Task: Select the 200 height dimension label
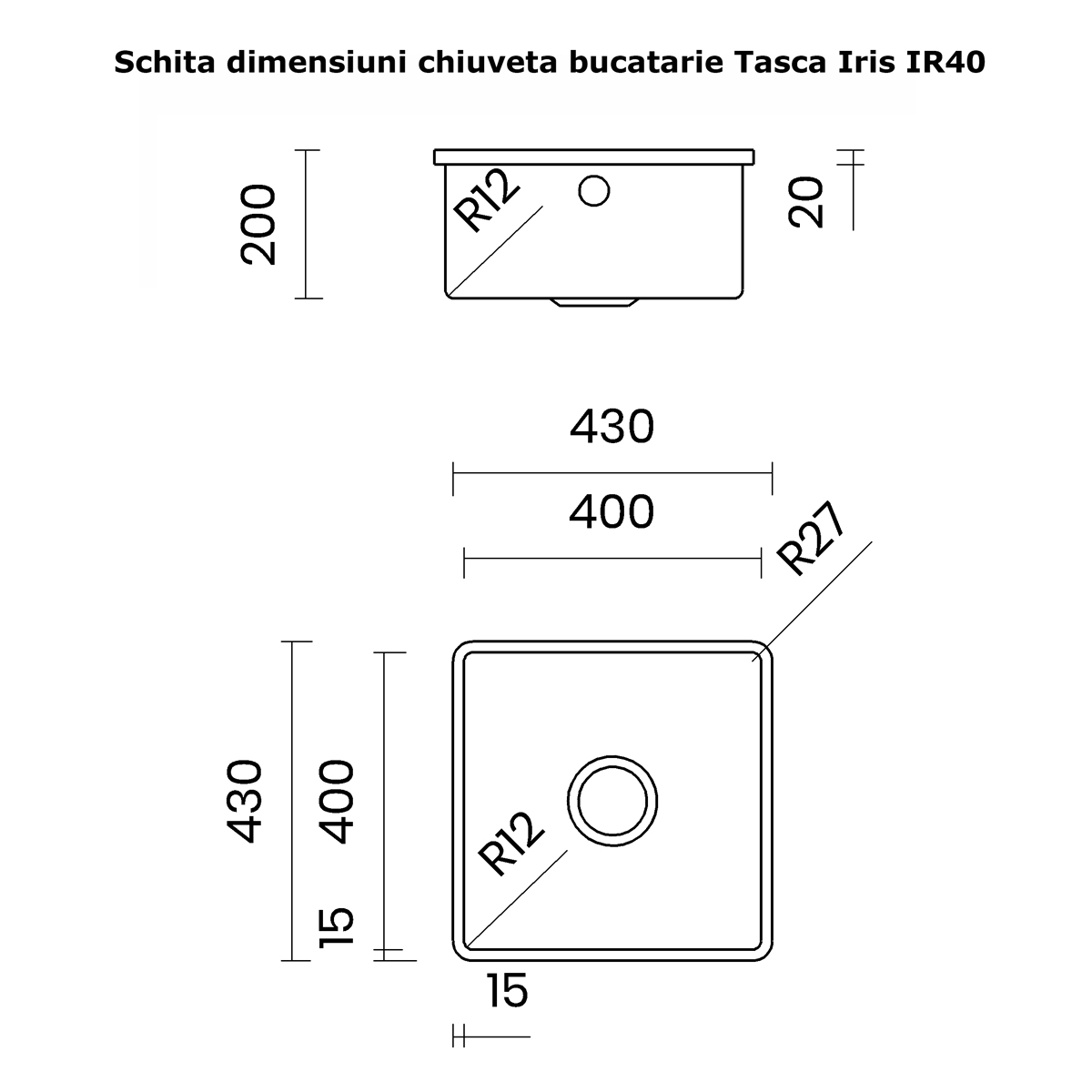pyautogui.click(x=258, y=224)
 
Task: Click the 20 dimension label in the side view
pyautogui.click(x=808, y=202)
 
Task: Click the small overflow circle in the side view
pyautogui.click(x=593, y=191)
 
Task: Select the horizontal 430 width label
pyautogui.click(x=612, y=426)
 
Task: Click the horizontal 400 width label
pyautogui.click(x=612, y=512)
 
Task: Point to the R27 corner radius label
pyautogui.click(x=814, y=541)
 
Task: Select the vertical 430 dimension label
pyautogui.click(x=246, y=801)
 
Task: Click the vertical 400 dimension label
pyautogui.click(x=335, y=801)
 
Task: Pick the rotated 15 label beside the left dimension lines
pyautogui.click(x=335, y=926)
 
